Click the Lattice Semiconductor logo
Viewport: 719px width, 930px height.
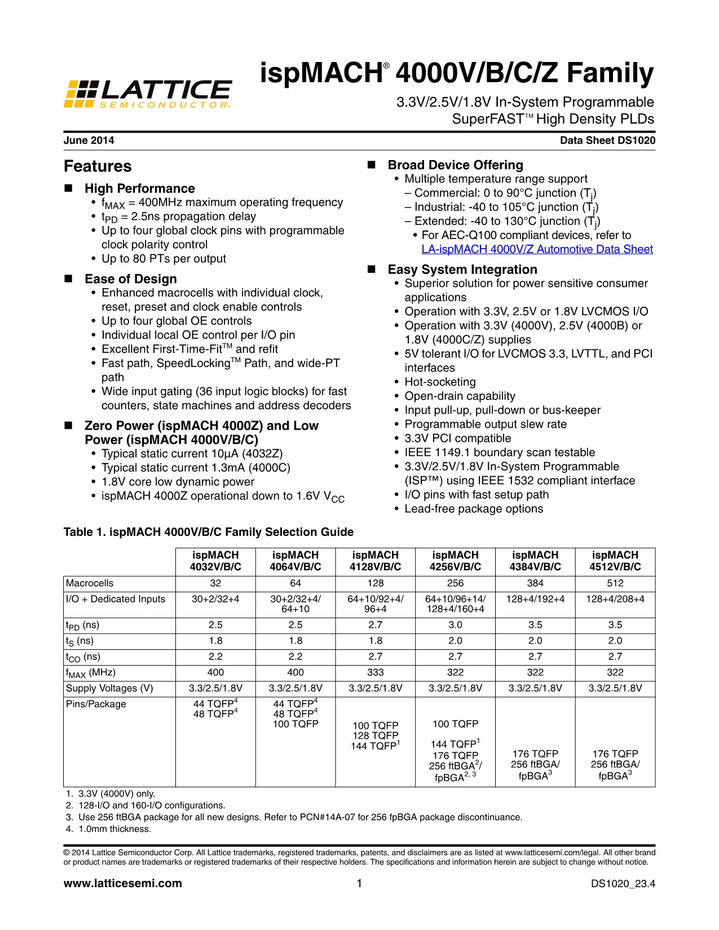pyautogui.click(x=148, y=94)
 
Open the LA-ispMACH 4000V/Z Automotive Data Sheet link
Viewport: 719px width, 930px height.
pyautogui.click(x=537, y=250)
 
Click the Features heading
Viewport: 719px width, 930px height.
pyautogui.click(x=98, y=167)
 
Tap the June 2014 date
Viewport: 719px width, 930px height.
pyautogui.click(x=89, y=141)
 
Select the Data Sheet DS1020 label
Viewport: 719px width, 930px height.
pyautogui.click(x=607, y=141)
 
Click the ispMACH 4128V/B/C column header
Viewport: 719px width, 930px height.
pyautogui.click(x=375, y=561)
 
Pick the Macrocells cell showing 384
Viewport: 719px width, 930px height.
pyautogui.click(x=535, y=583)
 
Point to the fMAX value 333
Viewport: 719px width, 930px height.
pyautogui.click(x=375, y=672)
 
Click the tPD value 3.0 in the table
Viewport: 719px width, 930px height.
pyautogui.click(x=455, y=625)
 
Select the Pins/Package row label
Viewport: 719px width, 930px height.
pyautogui.click(x=96, y=704)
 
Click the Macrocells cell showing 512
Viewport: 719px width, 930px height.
pyautogui.click(x=615, y=583)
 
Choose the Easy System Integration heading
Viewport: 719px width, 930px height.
pyautogui.click(x=462, y=269)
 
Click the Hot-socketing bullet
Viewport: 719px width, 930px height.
pyautogui.click(x=440, y=382)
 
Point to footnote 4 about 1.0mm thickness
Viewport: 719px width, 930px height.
pyautogui.click(x=111, y=829)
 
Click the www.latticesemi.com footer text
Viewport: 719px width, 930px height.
pyautogui.click(x=123, y=883)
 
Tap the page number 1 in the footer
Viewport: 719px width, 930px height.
pyautogui.click(x=359, y=883)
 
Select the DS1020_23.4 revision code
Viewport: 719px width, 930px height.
pyautogui.click(x=623, y=884)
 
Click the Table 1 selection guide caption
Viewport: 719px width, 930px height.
pyautogui.click(x=209, y=532)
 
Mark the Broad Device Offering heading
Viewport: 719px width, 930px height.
pyautogui.click(x=455, y=165)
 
